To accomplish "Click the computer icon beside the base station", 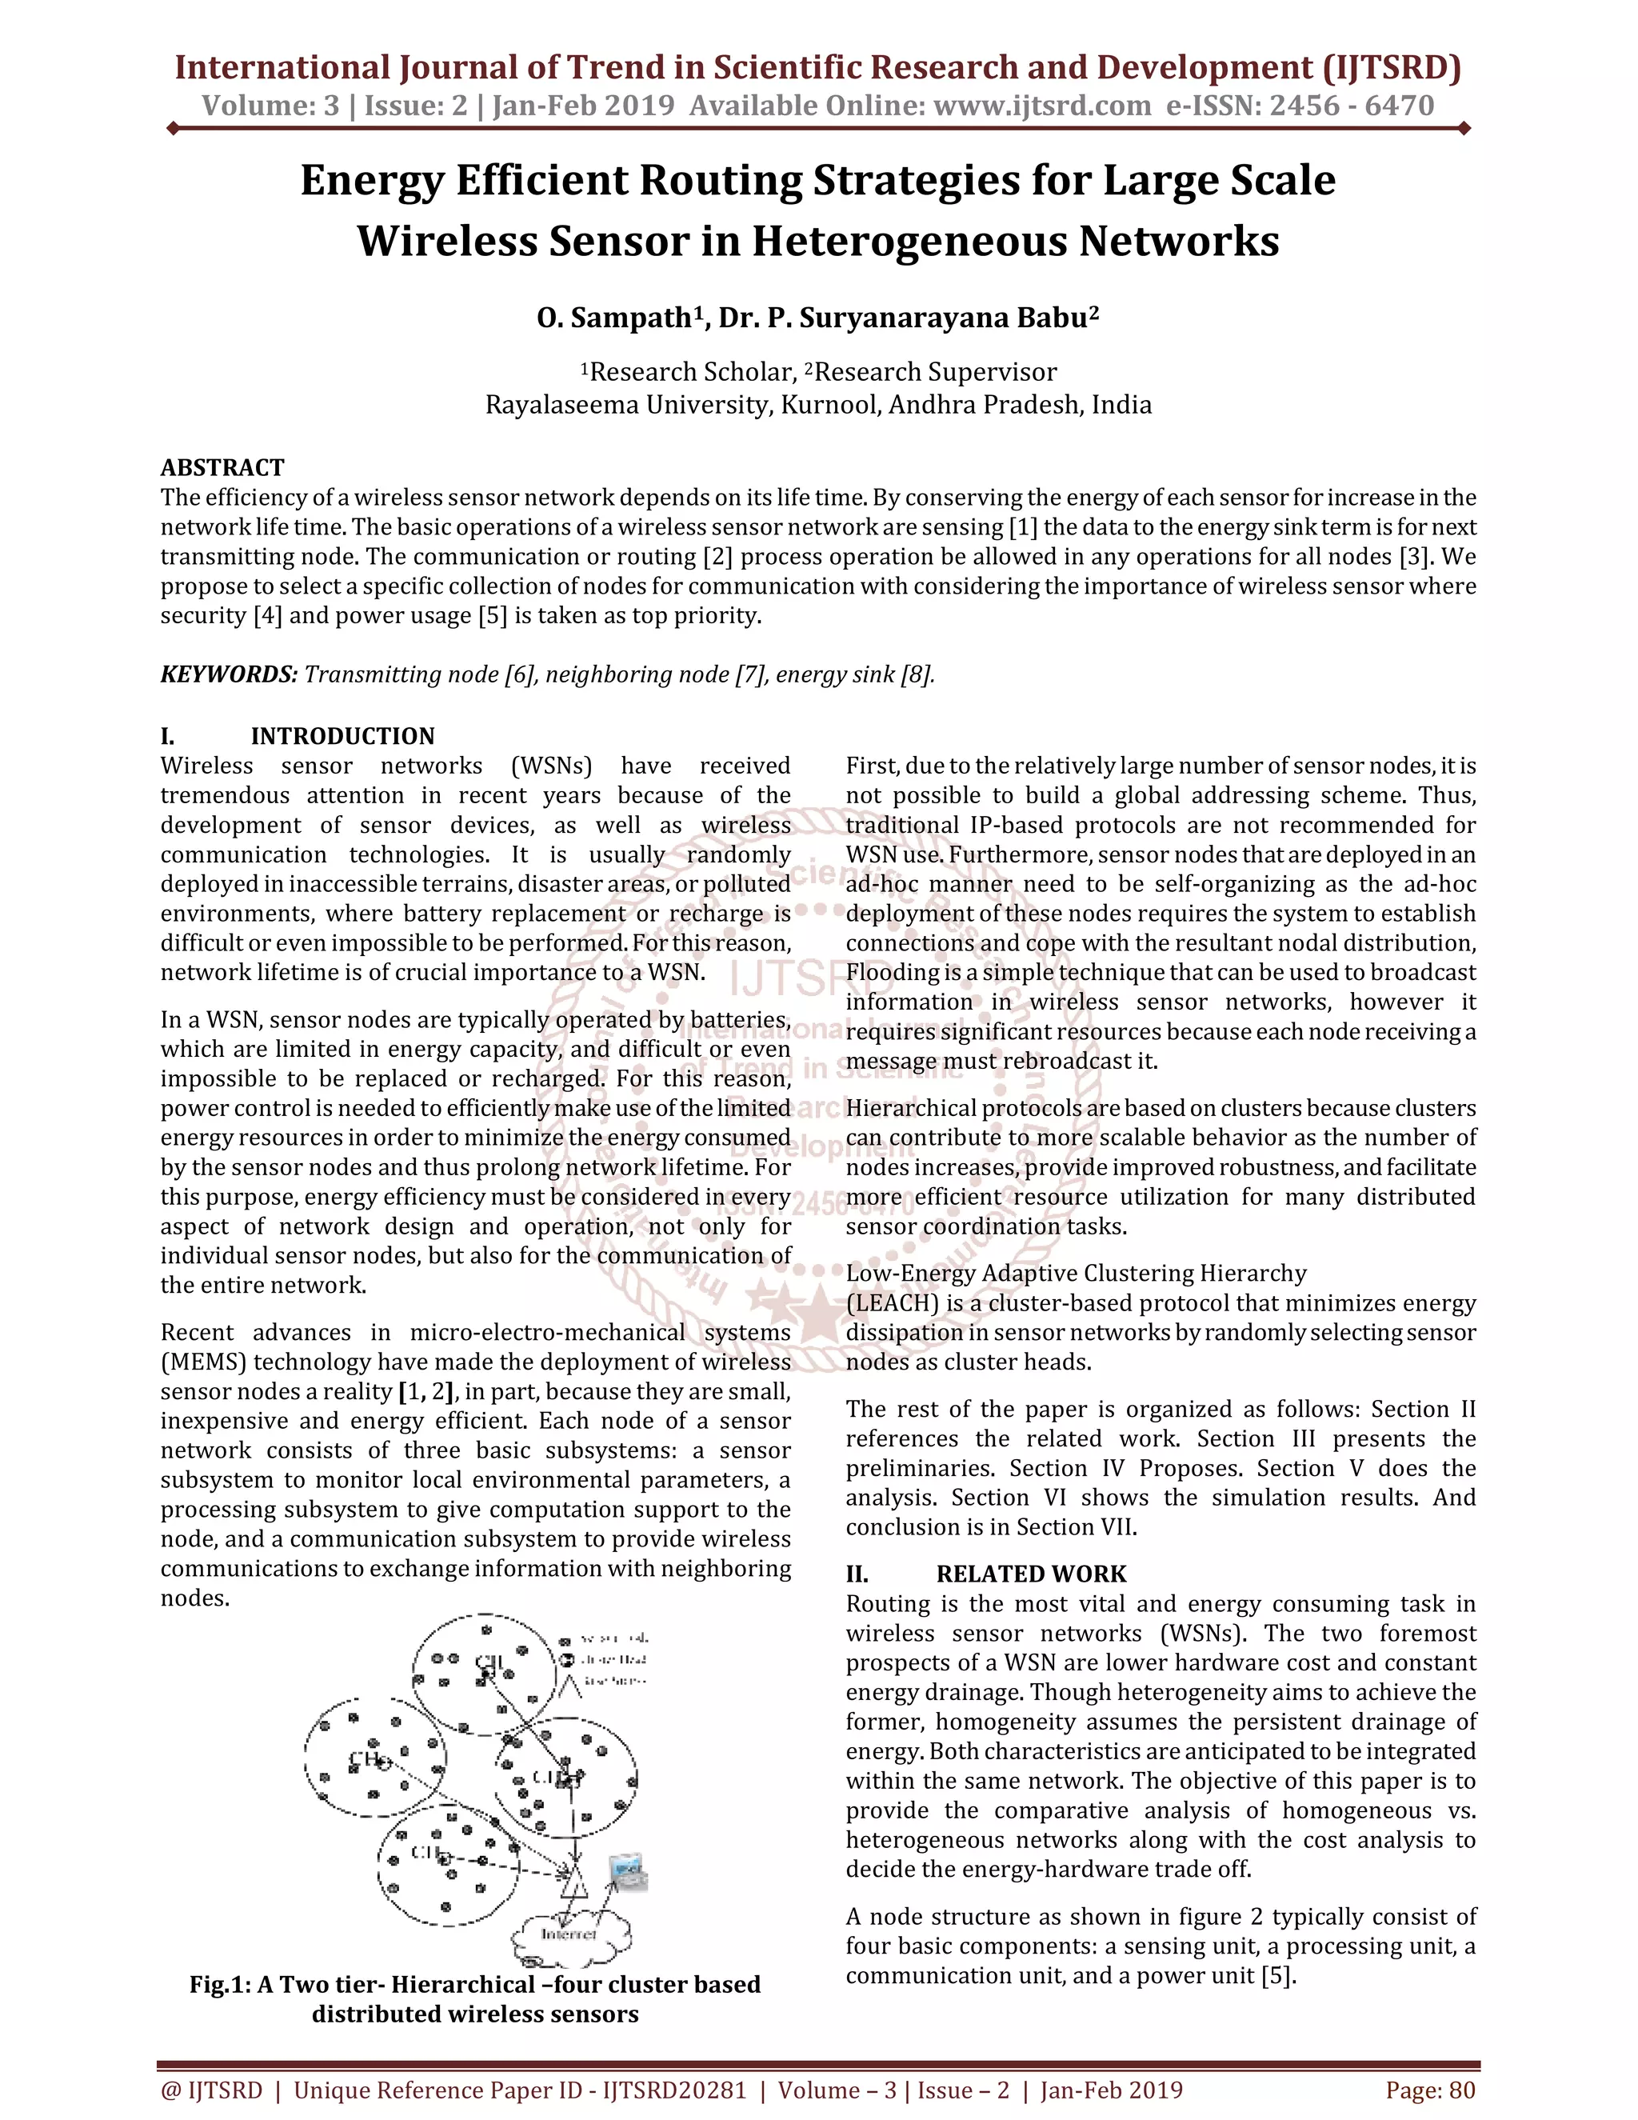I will [628, 1874].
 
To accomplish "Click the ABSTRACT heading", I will [222, 468].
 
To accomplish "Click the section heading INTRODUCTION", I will [342, 736].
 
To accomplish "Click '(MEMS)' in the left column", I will [203, 1362].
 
